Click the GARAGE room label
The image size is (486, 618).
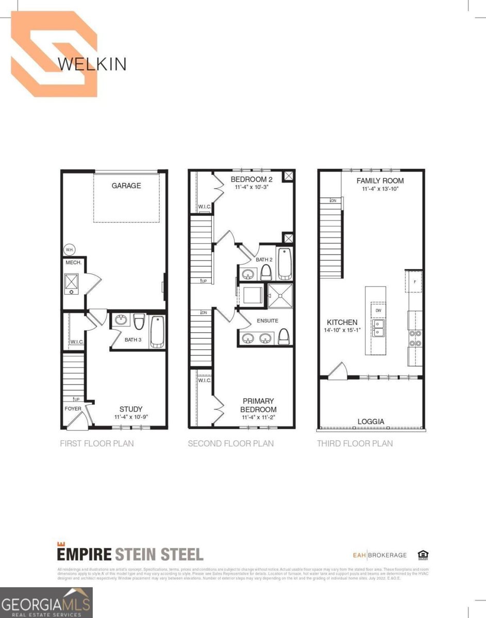pyautogui.click(x=126, y=185)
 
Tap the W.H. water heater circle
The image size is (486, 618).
pyautogui.click(x=69, y=250)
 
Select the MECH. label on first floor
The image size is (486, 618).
pyautogui.click(x=71, y=263)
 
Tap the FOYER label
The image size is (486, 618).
pyautogui.click(x=73, y=409)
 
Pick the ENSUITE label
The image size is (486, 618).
pyautogui.click(x=267, y=321)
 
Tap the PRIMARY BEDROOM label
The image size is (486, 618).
pyautogui.click(x=259, y=405)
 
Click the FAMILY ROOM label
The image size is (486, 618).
pyautogui.click(x=380, y=181)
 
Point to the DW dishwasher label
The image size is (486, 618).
pyautogui.click(x=378, y=311)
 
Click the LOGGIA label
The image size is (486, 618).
pyautogui.click(x=371, y=421)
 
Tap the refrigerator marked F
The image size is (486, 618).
pyautogui.click(x=415, y=281)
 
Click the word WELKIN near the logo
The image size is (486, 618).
pyautogui.click(x=92, y=64)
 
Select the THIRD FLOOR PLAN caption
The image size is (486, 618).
pyautogui.click(x=355, y=443)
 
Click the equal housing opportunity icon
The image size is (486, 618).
pyautogui.click(x=423, y=555)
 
